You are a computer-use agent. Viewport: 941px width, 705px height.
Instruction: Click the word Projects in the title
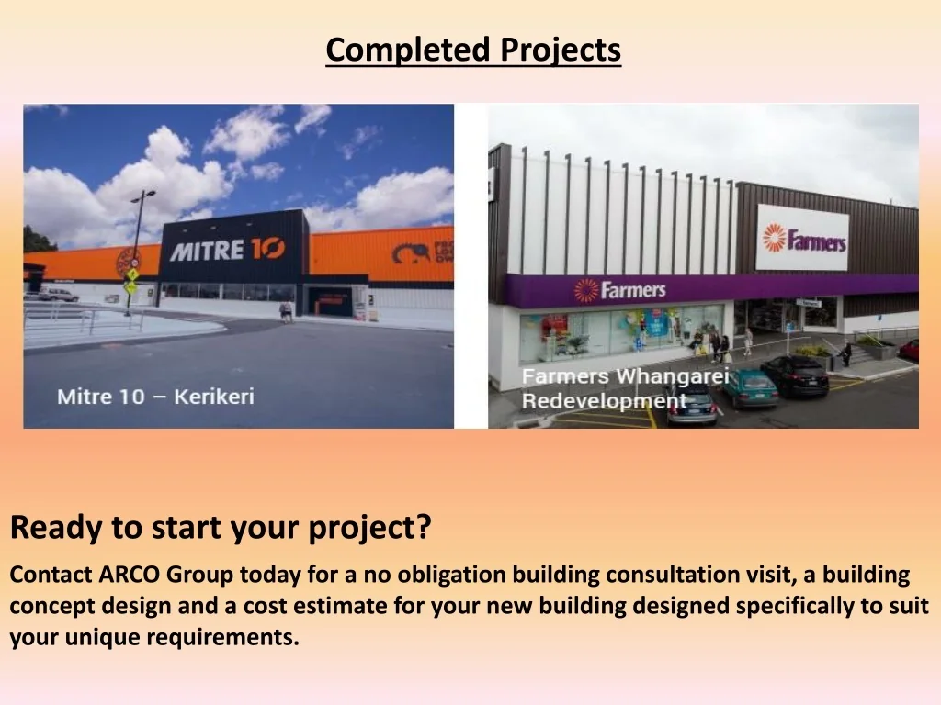(561, 50)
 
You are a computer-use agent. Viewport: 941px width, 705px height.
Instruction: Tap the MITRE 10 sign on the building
(228, 250)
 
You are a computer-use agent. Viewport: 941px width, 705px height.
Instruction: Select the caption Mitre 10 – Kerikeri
(155, 397)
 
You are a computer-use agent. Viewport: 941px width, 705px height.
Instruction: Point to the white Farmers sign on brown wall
(803, 238)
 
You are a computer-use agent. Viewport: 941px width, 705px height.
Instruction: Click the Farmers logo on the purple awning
(620, 290)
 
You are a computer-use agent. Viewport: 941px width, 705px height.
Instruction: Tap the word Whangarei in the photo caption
(672, 376)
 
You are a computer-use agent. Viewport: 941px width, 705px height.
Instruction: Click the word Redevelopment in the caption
(604, 401)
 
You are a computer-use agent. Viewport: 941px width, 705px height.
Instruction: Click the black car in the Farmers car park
(795, 375)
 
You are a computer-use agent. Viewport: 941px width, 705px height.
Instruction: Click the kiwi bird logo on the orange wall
(411, 253)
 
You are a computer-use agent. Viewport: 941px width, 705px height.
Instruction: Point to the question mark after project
(424, 526)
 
